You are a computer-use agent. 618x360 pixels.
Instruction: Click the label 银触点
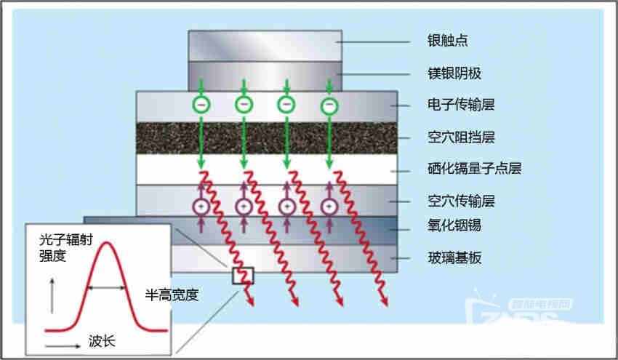[x=447, y=41]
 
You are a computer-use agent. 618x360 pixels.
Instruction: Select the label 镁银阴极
[x=454, y=73]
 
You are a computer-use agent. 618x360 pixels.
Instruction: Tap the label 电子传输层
[x=461, y=105]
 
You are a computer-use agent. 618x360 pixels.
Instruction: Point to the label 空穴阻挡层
[x=461, y=137]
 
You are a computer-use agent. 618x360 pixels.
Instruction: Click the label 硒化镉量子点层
[x=475, y=169]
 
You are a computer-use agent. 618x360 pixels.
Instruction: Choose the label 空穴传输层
[x=461, y=201]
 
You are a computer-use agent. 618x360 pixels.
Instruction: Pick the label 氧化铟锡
[x=454, y=225]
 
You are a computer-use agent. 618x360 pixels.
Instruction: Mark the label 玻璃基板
[x=454, y=258]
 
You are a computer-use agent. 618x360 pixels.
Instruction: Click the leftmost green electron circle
[x=201, y=105]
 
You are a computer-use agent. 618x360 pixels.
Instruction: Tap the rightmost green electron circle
[x=329, y=105]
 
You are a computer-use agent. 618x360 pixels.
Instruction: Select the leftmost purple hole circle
[x=201, y=207]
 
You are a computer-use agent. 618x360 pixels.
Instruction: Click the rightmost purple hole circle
[x=329, y=207]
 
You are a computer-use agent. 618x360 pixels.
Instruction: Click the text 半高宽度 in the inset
[x=172, y=295]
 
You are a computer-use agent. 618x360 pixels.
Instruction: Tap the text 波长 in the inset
[x=102, y=341]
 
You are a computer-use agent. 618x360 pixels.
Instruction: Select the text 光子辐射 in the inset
[x=66, y=239]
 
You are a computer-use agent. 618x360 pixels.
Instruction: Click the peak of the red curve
[x=106, y=242]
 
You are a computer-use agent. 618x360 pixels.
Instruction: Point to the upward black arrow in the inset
[x=52, y=296]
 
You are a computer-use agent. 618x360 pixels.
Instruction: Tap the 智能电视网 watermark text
[x=540, y=305]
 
